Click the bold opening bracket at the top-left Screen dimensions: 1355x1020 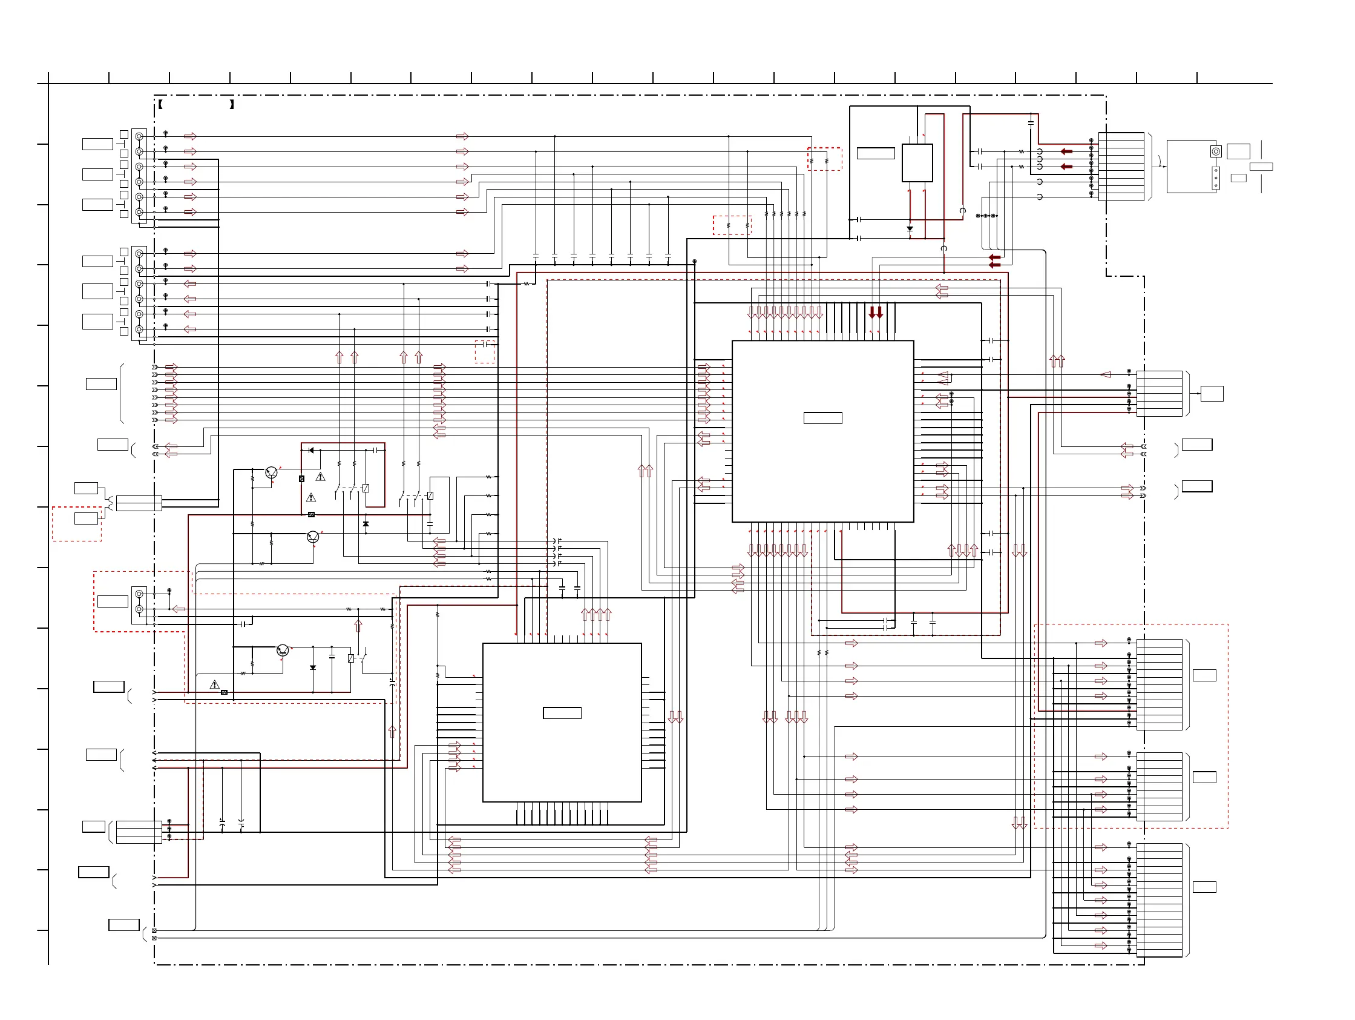click(x=160, y=104)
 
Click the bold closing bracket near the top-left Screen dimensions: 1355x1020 click(x=232, y=104)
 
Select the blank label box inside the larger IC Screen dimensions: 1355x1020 click(x=822, y=418)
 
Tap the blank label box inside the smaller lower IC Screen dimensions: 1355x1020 click(x=562, y=713)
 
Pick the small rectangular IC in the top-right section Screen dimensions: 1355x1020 click(x=916, y=162)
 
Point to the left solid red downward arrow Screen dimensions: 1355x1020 click(x=872, y=313)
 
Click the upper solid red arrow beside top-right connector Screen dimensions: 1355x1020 click(x=1066, y=151)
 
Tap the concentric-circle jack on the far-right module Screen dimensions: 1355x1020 click(x=1216, y=151)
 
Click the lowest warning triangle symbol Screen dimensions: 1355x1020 click(x=214, y=684)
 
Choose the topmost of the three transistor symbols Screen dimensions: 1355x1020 click(x=271, y=472)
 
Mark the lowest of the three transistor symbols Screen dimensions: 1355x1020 click(x=283, y=651)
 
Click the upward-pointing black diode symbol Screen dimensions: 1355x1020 click(x=366, y=524)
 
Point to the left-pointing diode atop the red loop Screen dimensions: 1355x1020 click(x=311, y=451)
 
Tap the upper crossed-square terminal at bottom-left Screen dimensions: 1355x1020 click(x=154, y=930)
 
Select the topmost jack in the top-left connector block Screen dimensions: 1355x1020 click(x=139, y=136)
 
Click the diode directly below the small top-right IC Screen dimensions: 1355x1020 click(x=910, y=228)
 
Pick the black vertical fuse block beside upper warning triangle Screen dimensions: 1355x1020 click(x=301, y=479)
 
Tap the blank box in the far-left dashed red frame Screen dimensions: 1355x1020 click(x=86, y=518)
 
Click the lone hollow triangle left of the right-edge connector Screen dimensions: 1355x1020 click(x=1106, y=374)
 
